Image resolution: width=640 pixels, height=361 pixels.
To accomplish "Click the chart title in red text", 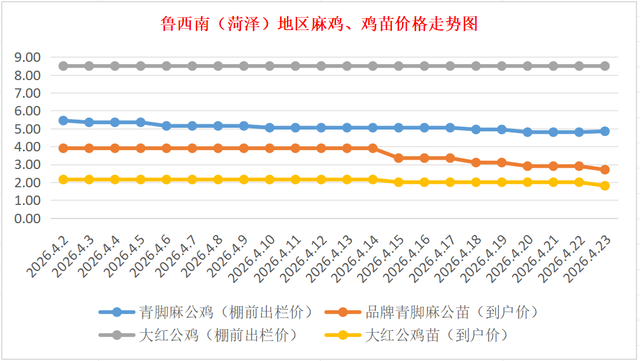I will [319, 24].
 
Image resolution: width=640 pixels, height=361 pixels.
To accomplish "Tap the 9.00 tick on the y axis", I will [28, 57].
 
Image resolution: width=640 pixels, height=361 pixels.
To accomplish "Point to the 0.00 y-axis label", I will [28, 218].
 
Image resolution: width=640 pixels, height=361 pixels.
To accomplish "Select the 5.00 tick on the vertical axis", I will [28, 129].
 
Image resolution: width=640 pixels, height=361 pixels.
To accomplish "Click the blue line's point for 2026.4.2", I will [63, 120].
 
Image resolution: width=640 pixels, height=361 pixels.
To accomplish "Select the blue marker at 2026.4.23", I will [605, 131].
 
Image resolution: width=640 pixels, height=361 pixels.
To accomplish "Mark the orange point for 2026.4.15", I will [398, 158].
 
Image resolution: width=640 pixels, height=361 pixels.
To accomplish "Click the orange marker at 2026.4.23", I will [605, 170].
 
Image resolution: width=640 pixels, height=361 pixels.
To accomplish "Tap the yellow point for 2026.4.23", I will [605, 186].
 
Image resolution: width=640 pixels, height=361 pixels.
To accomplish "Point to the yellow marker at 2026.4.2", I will [63, 179].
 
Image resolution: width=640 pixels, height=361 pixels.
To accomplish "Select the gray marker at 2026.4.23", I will [605, 66].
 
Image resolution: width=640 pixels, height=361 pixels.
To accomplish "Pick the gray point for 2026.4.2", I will [63, 66].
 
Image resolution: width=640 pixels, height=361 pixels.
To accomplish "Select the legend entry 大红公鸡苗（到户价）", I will [436, 336].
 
